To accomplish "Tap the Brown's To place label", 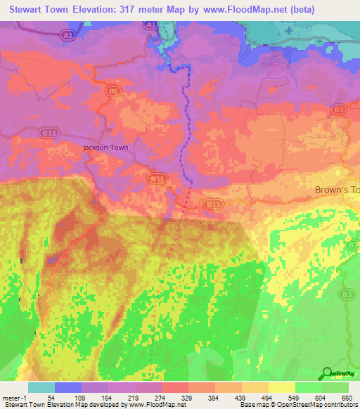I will [336, 190].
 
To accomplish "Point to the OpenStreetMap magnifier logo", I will [326, 373].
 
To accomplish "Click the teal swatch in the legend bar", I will [41, 387].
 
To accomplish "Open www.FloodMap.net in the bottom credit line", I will [153, 405].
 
